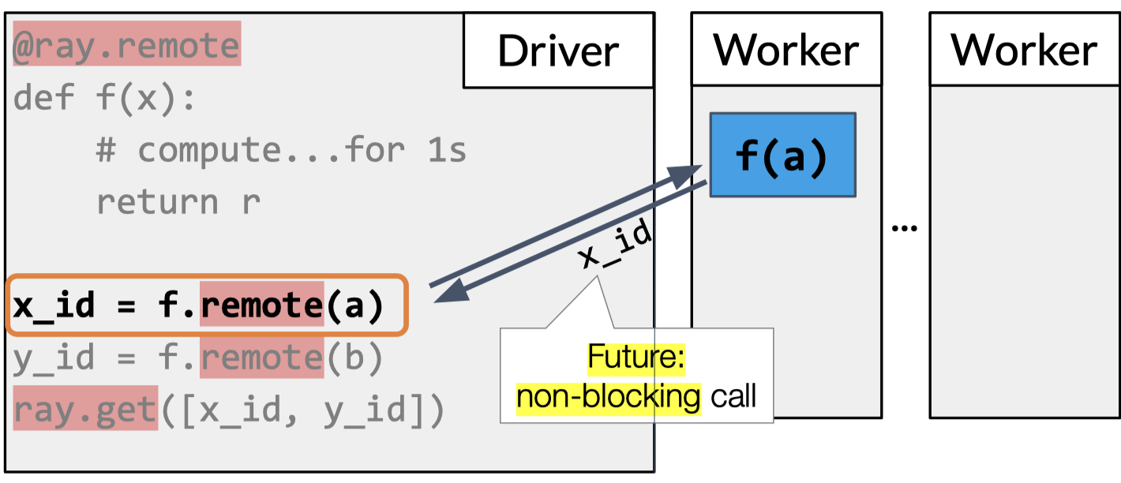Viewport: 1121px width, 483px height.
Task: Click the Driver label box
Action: coord(558,51)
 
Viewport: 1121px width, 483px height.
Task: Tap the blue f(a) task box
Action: coord(782,155)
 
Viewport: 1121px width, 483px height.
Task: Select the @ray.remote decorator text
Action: coord(126,47)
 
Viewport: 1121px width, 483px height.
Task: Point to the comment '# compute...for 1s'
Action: coord(281,150)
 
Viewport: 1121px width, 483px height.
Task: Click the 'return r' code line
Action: coord(178,202)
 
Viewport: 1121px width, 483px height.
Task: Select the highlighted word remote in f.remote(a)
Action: coord(262,305)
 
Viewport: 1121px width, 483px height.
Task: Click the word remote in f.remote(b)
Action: coord(262,358)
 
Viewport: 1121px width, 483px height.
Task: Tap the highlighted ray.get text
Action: coord(86,410)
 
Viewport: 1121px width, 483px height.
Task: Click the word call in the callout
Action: coord(733,395)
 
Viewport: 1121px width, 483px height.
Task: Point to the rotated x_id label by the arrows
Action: coord(617,247)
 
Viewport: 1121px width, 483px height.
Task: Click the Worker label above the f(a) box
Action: coord(786,51)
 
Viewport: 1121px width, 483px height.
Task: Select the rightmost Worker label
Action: coord(1024,51)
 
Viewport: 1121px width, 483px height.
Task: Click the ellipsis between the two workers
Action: coord(905,227)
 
